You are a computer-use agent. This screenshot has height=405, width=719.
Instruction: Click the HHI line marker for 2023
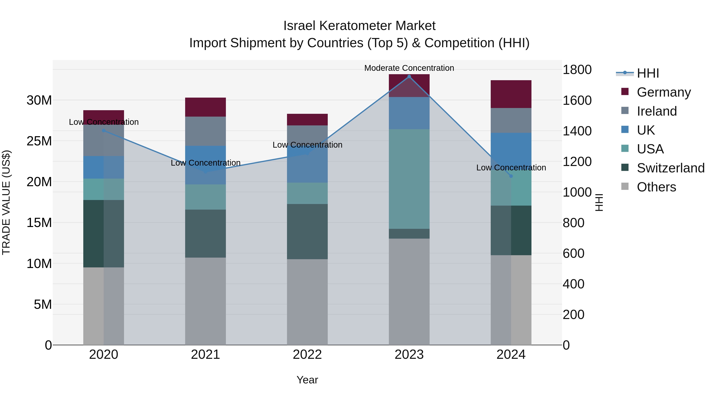click(x=409, y=77)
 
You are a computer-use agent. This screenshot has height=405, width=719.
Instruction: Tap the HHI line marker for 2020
click(x=103, y=131)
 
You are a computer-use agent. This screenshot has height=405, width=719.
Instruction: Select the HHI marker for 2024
click(x=511, y=176)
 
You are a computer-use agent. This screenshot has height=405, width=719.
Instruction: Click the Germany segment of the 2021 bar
click(x=206, y=107)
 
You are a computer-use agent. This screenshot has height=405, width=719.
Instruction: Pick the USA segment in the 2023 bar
click(x=409, y=179)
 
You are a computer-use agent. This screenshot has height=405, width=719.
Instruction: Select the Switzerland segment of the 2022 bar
click(x=307, y=231)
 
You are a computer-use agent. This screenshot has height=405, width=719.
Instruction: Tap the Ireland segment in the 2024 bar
click(x=511, y=120)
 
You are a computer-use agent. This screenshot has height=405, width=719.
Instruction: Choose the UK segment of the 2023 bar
click(x=409, y=113)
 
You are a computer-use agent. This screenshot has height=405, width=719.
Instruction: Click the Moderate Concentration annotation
click(x=409, y=68)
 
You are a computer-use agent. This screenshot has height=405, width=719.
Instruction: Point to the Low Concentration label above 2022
click(x=307, y=145)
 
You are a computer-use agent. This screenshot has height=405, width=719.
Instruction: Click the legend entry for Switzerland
click(x=670, y=168)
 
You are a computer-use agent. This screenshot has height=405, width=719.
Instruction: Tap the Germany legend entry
click(x=663, y=92)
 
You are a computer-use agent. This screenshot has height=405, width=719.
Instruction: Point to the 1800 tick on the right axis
click(x=577, y=70)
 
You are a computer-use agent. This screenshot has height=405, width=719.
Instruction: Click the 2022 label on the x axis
click(x=307, y=355)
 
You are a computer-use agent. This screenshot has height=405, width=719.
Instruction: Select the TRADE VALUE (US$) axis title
click(x=6, y=202)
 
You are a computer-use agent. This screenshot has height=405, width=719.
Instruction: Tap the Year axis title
click(x=307, y=380)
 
